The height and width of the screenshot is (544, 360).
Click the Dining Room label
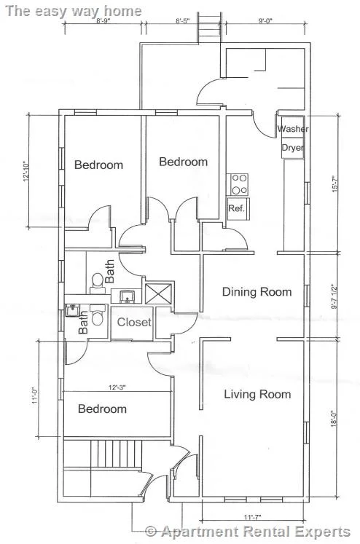pyautogui.click(x=257, y=292)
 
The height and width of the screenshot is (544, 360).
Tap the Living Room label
pyautogui.click(x=257, y=394)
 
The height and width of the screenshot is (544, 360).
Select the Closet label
pyautogui.click(x=134, y=323)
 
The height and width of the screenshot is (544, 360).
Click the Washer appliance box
pyautogui.click(x=293, y=127)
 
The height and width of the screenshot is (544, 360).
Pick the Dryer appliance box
pyautogui.click(x=293, y=148)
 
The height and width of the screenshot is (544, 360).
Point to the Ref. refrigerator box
pyautogui.click(x=238, y=208)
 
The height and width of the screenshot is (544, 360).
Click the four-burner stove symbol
pyautogui.click(x=238, y=184)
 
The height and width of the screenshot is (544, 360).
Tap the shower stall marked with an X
pyautogui.click(x=158, y=294)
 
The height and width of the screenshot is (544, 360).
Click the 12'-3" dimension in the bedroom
pyautogui.click(x=117, y=387)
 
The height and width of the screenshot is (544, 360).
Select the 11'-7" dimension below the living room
pyautogui.click(x=252, y=518)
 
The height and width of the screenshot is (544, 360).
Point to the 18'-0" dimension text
pyautogui.click(x=335, y=419)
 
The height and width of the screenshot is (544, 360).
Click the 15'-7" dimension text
pyautogui.click(x=335, y=184)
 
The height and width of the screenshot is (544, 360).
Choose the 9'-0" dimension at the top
pyautogui.click(x=265, y=21)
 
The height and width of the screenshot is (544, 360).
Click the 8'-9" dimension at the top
pyautogui.click(x=103, y=21)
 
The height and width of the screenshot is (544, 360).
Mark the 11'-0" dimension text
pyautogui.click(x=34, y=395)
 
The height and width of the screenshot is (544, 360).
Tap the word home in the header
pyautogui.click(x=123, y=11)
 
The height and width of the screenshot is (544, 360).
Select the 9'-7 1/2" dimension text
pyautogui.click(x=335, y=297)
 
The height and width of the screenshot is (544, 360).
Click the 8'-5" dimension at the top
pyautogui.click(x=182, y=21)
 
